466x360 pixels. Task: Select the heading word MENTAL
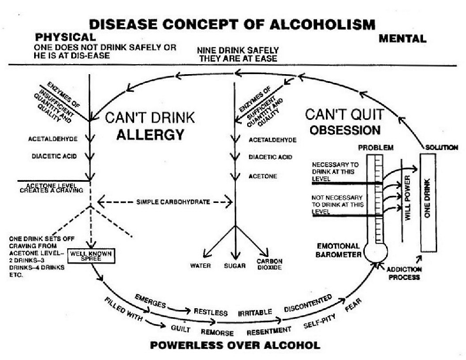pos(403,39)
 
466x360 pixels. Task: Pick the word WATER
pos(200,265)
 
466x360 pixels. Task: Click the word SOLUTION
pos(442,147)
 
